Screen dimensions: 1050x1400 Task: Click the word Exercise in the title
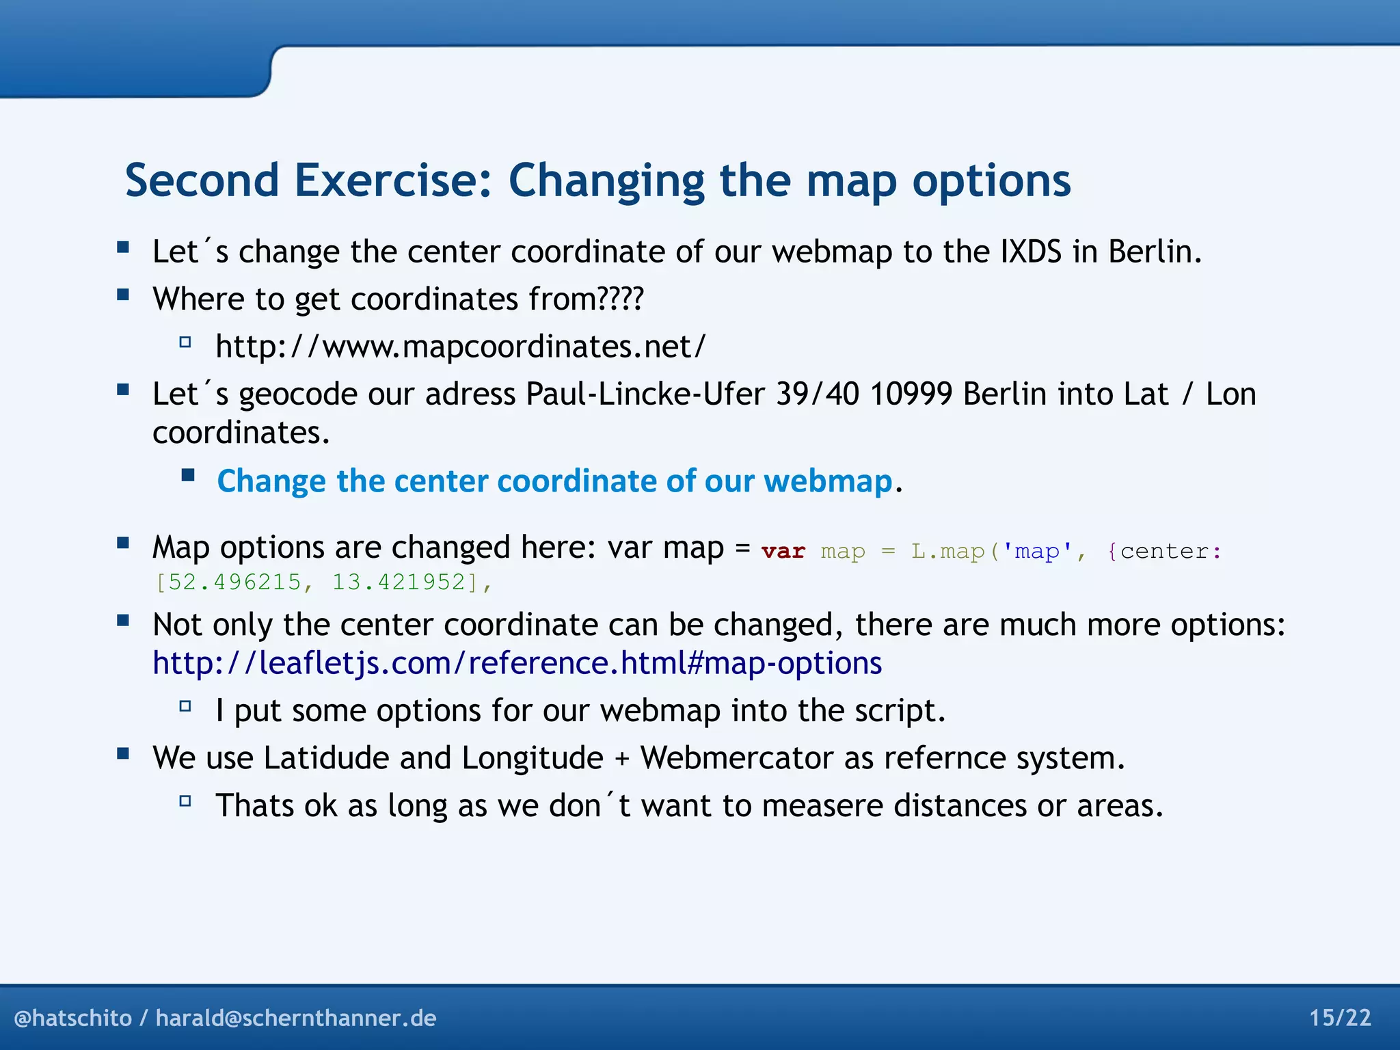click(x=392, y=180)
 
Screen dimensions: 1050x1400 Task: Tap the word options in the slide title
click(x=991, y=182)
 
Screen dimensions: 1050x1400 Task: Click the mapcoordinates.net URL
click(x=460, y=347)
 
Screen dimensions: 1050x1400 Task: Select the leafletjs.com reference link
click(x=517, y=664)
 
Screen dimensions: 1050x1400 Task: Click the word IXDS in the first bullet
click(x=1030, y=252)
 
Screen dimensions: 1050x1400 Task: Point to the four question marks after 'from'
click(x=620, y=299)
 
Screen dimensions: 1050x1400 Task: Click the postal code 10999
click(x=911, y=394)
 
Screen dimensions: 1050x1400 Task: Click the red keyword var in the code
click(x=783, y=551)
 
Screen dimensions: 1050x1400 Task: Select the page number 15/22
click(x=1340, y=1018)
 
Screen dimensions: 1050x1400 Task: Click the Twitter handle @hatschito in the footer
click(x=72, y=1019)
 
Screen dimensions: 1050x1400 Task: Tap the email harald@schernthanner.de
click(x=295, y=1019)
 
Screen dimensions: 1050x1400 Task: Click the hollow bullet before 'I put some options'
click(x=185, y=706)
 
